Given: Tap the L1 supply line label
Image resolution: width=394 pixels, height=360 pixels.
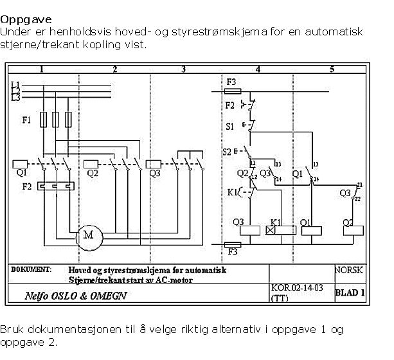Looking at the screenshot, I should pos(16,84).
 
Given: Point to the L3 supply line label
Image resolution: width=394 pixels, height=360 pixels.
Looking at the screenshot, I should pos(16,98).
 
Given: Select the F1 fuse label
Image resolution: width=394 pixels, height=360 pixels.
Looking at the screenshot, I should pos(26,120).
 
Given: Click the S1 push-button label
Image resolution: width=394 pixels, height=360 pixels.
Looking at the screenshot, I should pos(230,127).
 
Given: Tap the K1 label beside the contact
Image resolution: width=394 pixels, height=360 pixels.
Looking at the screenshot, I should pos(233,192).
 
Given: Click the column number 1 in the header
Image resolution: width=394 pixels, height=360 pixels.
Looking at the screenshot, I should pos(41,69).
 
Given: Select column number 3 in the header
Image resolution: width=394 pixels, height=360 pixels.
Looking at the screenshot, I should pos(183,69).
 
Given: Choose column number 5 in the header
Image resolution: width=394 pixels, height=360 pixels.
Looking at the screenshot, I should pos(332,69).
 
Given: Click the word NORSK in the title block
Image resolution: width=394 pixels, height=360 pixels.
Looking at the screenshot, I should pos(350,271).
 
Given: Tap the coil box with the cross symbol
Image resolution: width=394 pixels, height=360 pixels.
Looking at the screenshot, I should pos(271,230).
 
